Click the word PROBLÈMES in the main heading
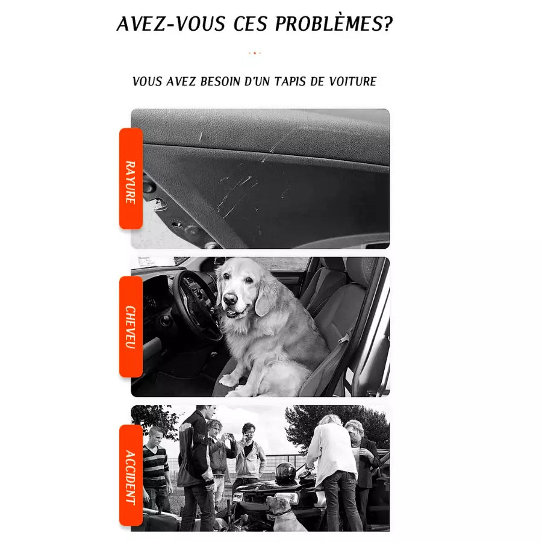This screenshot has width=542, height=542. coord(334,24)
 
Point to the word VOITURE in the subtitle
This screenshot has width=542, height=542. coord(352,81)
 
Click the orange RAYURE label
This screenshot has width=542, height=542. coord(131,179)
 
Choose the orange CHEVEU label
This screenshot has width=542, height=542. coord(131,326)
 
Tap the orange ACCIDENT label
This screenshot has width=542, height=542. coord(131,476)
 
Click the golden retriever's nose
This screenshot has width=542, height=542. coord(231,299)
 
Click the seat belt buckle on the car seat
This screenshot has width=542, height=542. coord(345,338)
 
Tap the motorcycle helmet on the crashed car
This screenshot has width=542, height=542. coord(285,472)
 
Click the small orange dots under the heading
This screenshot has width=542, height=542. coord(255,53)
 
